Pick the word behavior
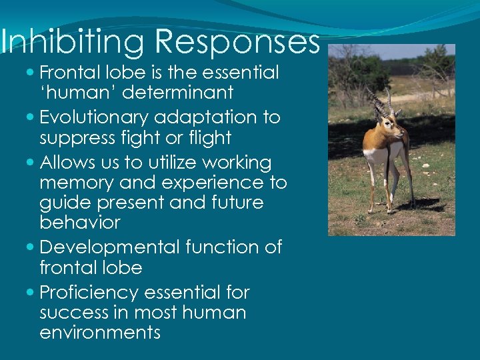coord(80,222)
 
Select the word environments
coord(100,332)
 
